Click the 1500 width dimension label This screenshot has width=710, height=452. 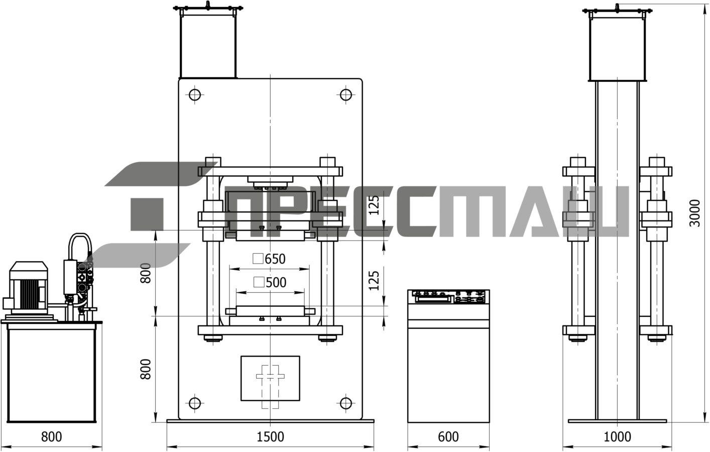270,437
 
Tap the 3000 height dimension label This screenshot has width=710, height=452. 694,213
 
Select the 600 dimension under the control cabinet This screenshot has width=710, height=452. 448,437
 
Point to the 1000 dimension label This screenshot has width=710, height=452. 617,437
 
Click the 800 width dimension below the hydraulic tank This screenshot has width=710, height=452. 51,437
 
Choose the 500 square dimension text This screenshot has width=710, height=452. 270,282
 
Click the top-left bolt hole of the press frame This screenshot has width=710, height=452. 195,94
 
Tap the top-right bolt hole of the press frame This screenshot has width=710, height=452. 345,94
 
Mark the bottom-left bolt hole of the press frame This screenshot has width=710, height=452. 195,403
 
